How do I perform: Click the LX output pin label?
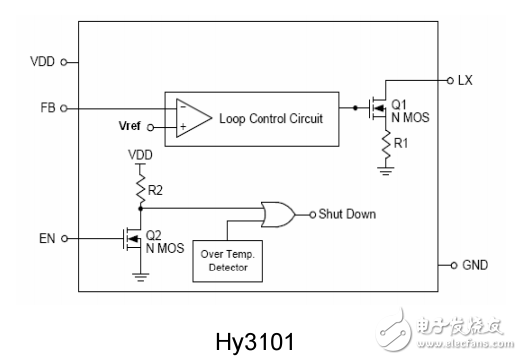tap(473, 79)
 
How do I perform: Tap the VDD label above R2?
tap(140, 156)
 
